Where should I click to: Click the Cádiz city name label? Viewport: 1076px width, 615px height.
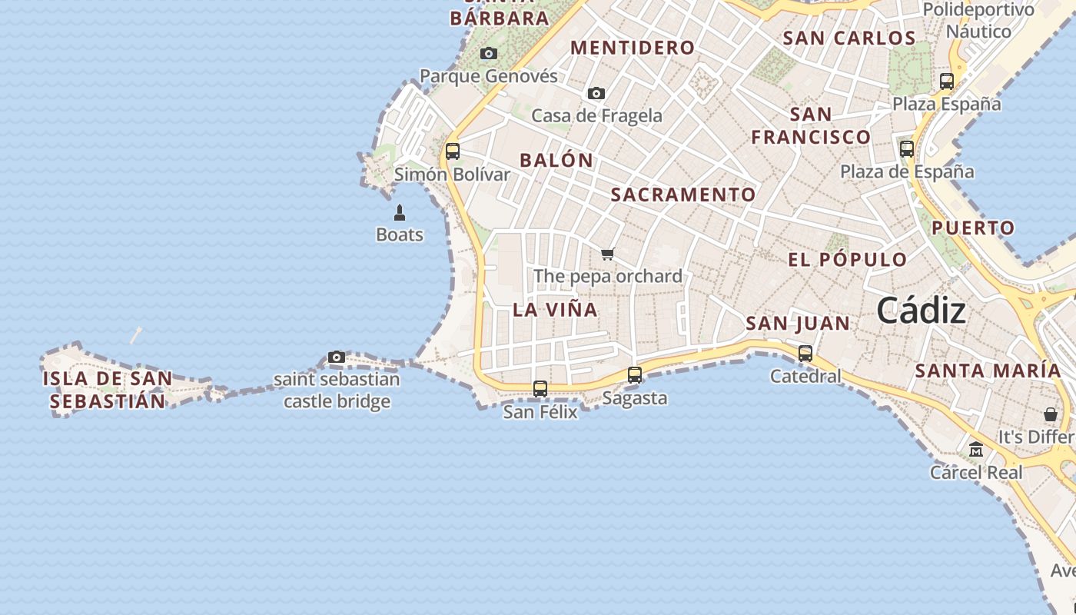tap(921, 311)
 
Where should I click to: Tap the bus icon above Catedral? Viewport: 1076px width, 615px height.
tap(805, 354)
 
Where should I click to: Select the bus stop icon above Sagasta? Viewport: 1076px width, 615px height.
tap(635, 375)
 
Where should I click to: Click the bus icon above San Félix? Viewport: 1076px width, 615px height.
tap(540, 389)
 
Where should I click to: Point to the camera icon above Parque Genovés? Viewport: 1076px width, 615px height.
tap(489, 54)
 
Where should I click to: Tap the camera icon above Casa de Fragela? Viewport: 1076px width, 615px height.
tap(596, 94)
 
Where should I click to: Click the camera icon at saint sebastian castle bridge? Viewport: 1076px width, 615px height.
tap(337, 357)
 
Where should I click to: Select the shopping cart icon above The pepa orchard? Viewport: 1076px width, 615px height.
tap(608, 254)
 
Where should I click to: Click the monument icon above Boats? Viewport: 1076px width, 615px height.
tap(400, 212)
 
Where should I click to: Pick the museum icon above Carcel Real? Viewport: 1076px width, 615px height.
tap(976, 450)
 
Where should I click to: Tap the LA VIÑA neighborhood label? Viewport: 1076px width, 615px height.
tap(555, 310)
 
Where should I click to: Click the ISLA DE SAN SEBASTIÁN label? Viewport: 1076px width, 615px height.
tap(108, 390)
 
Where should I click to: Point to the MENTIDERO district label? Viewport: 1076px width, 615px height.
tap(633, 48)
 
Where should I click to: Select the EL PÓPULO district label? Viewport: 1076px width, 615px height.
tap(848, 260)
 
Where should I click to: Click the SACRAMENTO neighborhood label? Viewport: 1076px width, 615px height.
tap(683, 195)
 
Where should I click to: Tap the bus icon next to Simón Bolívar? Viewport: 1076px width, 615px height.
tap(453, 151)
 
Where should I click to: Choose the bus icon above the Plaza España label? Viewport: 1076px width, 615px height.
tap(947, 81)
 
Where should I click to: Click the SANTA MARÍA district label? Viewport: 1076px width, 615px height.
tap(988, 371)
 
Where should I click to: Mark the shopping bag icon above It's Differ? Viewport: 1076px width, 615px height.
tap(1051, 414)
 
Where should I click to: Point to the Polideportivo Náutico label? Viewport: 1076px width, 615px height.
tap(978, 21)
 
